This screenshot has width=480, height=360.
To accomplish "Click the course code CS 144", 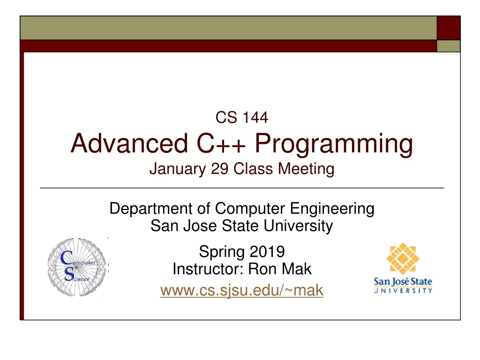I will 241,118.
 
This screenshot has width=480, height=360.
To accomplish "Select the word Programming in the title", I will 334,145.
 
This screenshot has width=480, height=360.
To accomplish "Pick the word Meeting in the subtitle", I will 307,169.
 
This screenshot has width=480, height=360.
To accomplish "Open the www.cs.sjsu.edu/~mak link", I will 241,291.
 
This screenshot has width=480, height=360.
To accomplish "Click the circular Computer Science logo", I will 77,268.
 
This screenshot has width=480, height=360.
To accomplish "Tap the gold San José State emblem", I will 403,259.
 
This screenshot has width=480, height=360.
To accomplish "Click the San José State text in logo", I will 403,282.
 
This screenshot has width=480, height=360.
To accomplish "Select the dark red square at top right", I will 448,28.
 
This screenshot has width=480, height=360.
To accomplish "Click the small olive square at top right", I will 448,45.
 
